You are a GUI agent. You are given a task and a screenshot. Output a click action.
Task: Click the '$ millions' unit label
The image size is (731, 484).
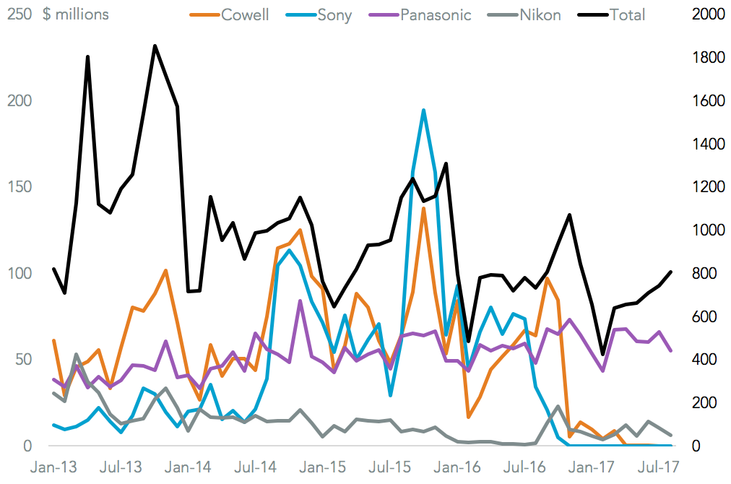[76, 14]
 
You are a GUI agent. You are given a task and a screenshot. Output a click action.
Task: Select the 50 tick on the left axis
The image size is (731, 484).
[22, 360]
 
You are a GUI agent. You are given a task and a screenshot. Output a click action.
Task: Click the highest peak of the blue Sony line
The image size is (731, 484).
[423, 110]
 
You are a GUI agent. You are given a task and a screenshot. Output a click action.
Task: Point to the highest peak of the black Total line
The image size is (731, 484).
[155, 46]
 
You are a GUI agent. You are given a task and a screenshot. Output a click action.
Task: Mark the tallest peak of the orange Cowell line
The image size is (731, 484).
[423, 208]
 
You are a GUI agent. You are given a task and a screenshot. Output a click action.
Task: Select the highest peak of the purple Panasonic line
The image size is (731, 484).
[300, 301]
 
